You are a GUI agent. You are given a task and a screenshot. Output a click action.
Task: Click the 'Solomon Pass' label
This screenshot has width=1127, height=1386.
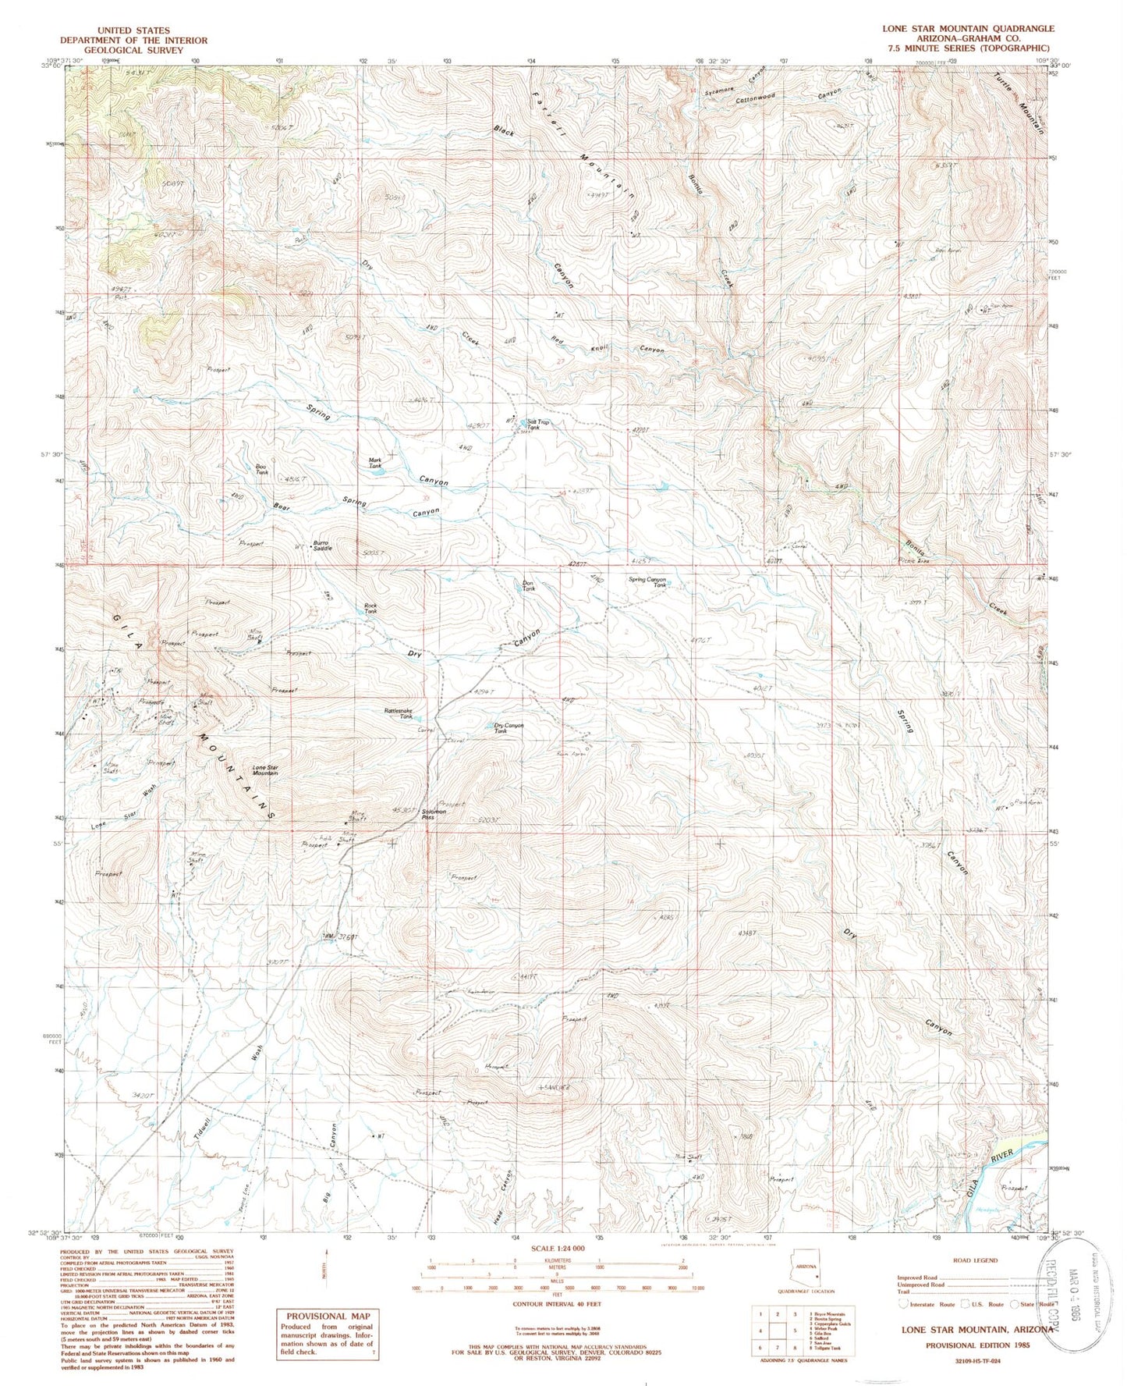tap(434, 814)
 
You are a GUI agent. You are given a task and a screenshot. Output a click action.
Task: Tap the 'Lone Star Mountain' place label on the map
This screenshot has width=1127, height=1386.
tap(264, 771)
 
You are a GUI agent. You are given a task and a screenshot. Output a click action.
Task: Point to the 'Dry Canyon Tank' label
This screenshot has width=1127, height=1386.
tap(509, 728)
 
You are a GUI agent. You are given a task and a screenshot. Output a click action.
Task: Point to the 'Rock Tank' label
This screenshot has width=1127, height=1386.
tap(370, 609)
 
